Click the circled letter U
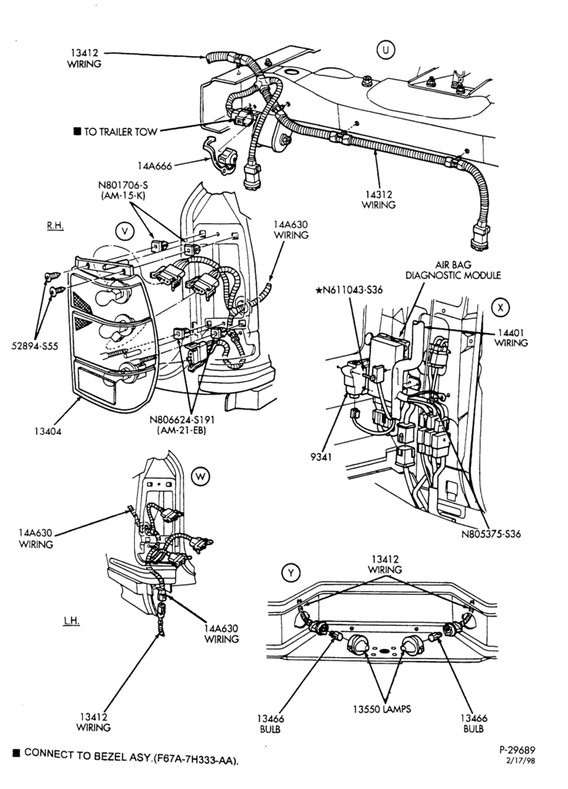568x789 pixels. (386, 50)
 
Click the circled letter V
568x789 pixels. (125, 230)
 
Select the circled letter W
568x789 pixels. (200, 476)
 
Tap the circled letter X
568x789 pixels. (499, 308)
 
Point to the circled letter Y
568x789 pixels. (291, 572)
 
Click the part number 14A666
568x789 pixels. (155, 166)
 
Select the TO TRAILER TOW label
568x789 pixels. (120, 132)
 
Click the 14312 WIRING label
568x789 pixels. (379, 200)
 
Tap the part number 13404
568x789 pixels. (48, 431)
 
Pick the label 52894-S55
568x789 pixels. (35, 346)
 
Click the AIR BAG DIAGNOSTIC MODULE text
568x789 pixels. (453, 270)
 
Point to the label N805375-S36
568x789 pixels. (491, 534)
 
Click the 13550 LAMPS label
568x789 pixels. (381, 709)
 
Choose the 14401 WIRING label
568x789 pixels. (511, 338)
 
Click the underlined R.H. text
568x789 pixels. (55, 226)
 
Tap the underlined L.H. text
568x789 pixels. (72, 620)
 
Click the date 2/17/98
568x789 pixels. (520, 761)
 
